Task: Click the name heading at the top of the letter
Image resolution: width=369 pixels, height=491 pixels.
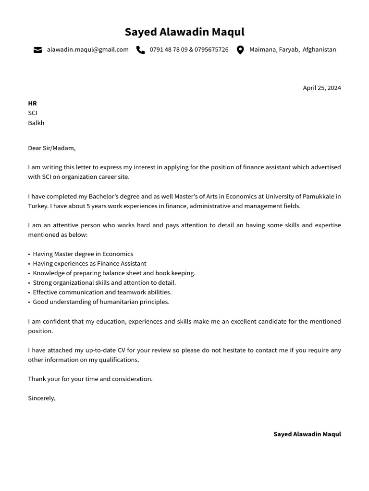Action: pos(184,32)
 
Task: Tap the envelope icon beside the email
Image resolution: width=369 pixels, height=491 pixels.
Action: pos(37,50)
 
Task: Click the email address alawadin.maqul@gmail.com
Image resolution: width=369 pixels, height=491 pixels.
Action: pos(87,49)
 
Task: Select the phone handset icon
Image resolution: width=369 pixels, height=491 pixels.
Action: pos(140,50)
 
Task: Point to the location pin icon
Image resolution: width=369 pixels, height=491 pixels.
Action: pos(240,50)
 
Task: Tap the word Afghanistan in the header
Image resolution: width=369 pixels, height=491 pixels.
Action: pos(319,49)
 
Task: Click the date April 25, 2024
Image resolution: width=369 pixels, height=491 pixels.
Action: pos(321,88)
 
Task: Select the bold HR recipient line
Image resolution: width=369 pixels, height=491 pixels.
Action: pos(32,103)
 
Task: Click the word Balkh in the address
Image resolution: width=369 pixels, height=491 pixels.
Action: pos(36,123)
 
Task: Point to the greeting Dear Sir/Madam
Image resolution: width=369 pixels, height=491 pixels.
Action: pos(51,148)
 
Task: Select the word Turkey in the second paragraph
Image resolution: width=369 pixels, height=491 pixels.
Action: pos(37,206)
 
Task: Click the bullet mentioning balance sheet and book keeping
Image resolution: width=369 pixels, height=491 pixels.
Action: pos(114,273)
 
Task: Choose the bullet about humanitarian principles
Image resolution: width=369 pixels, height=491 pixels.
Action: pos(101,302)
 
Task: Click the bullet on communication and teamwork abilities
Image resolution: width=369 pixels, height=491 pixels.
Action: pos(102,292)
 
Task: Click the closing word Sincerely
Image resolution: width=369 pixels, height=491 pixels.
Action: pos(41,398)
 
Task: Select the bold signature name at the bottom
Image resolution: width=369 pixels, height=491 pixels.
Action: pos(307,434)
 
